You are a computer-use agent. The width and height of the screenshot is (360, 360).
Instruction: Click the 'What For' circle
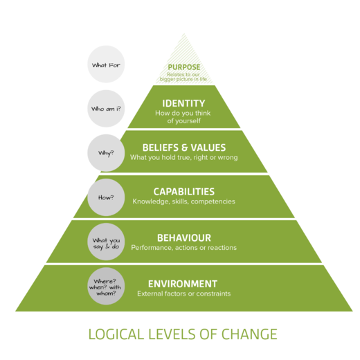106,65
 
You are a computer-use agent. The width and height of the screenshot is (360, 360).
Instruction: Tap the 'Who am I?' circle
106,109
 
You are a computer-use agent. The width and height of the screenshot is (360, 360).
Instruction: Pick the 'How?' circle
106,197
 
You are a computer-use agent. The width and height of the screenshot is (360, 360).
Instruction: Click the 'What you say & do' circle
106,242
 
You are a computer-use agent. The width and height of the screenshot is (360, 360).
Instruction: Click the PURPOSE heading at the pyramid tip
183,67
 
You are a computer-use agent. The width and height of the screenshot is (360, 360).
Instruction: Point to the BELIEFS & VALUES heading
183,147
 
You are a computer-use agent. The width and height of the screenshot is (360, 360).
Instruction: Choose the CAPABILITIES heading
183,192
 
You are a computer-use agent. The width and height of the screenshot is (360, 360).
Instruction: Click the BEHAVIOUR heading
183,237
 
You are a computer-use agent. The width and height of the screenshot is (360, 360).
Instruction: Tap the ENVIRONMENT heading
183,283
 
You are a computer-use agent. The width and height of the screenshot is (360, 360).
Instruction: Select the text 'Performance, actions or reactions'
183,248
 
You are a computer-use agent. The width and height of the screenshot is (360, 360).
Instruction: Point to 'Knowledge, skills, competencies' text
183,202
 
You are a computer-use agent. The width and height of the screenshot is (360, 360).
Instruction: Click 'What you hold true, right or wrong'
183,158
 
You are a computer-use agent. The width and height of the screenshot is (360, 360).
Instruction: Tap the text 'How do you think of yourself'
183,116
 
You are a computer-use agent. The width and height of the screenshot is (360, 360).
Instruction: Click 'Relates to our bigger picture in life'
183,77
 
